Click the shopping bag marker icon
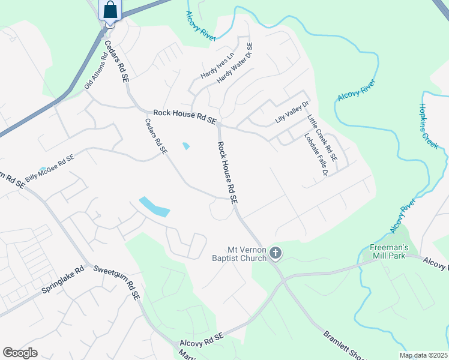[x=110, y=10]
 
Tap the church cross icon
[x=276, y=253]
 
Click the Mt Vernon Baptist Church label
[x=246, y=254]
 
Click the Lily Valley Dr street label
[x=292, y=112]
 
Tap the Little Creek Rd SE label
[x=322, y=138]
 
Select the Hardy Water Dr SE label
[x=235, y=63]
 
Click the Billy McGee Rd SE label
[x=49, y=168]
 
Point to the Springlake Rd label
[x=62, y=280]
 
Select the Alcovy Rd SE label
[x=202, y=340]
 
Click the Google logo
[x=20, y=352]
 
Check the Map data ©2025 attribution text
[x=423, y=355]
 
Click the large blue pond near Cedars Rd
[x=154, y=206]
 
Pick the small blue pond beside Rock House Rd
[x=186, y=146]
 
